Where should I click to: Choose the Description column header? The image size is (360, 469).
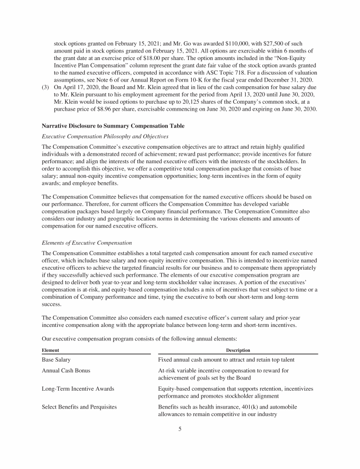tap(238, 350)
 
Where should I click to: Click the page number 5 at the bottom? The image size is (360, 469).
tap(180, 428)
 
